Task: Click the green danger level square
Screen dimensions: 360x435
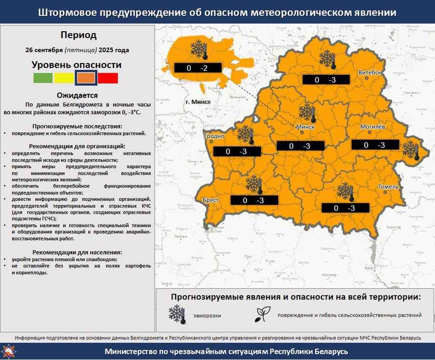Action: pos(43,78)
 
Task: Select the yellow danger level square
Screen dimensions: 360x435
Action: pos(64,78)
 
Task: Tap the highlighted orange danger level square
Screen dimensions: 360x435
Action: pos(86,78)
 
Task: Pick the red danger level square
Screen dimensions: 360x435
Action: pos(108,78)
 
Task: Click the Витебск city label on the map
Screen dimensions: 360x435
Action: pos(370,72)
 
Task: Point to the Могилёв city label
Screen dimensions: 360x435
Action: pos(373,127)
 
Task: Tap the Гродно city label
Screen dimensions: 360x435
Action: pos(214,136)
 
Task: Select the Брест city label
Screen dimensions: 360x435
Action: pos(210,200)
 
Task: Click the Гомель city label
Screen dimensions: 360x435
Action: pos(389,187)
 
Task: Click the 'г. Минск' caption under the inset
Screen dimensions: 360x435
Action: pos(198,102)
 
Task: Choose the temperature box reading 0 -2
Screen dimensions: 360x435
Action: pos(197,68)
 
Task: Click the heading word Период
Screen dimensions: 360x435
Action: pos(79,35)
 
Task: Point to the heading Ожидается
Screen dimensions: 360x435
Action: pos(77,96)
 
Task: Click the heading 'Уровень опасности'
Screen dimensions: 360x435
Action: pos(77,65)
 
